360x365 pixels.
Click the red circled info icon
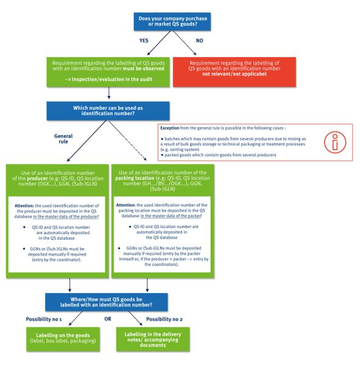point(330,142)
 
